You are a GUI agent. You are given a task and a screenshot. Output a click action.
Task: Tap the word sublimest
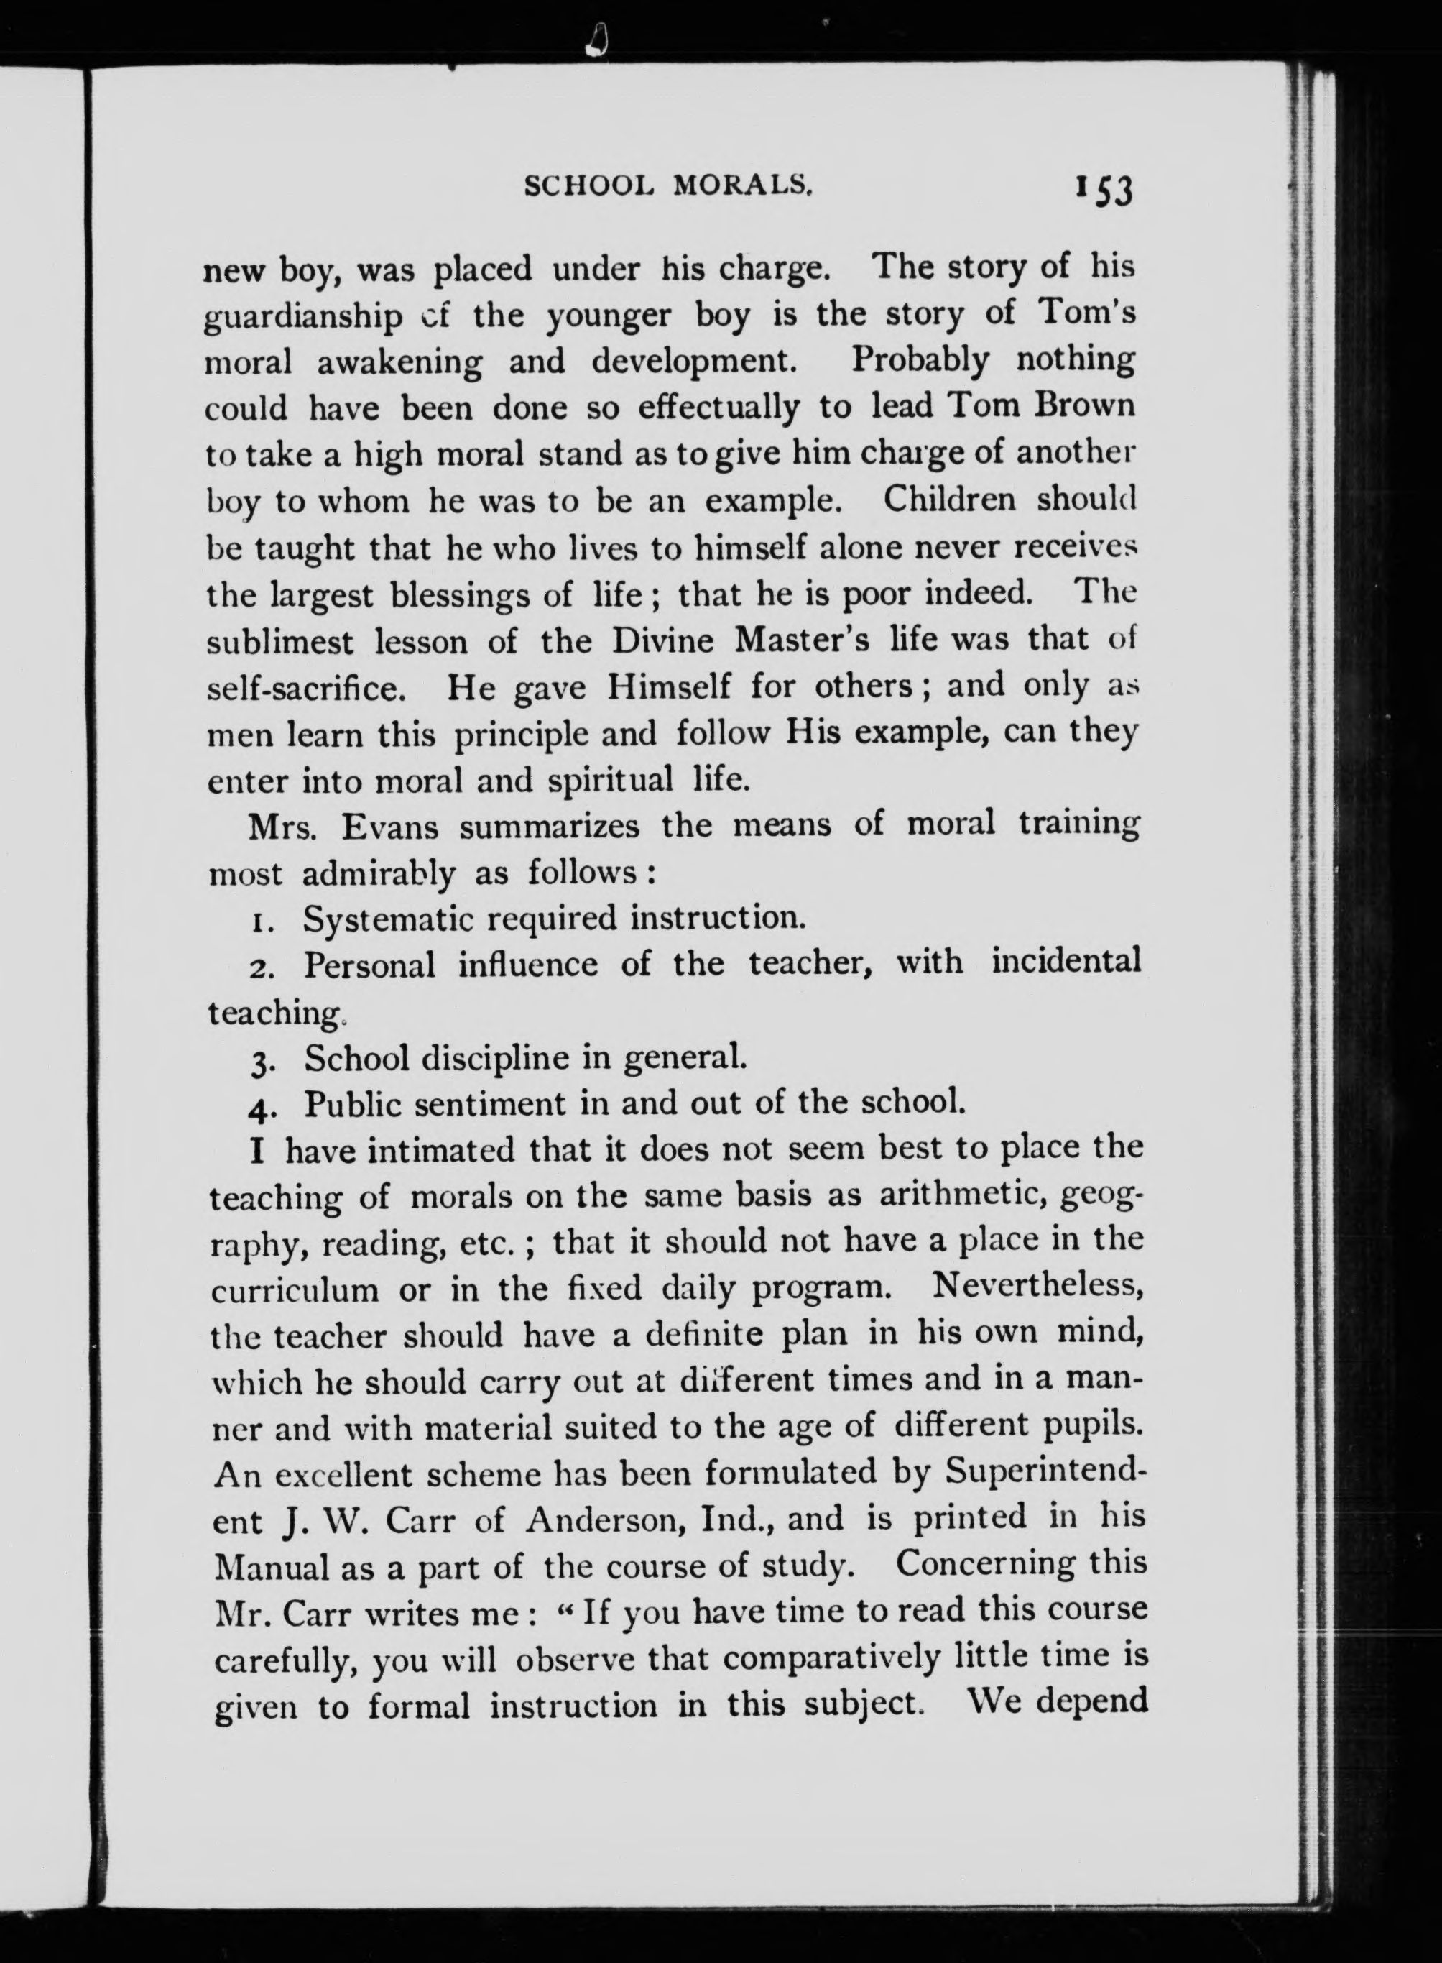tap(280, 642)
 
